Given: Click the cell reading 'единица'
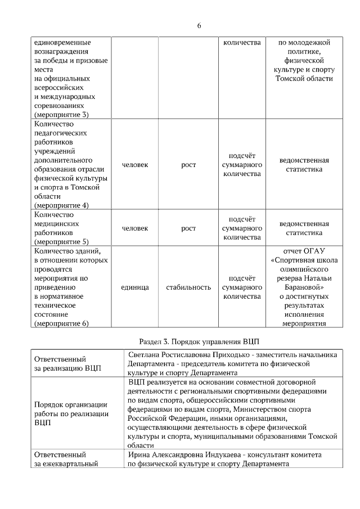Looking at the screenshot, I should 135,287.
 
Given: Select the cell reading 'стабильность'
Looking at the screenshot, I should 188,287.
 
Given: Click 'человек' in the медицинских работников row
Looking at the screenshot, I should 135,228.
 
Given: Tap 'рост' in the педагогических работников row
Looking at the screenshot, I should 188,165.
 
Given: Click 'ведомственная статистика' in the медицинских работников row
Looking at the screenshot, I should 304,228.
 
